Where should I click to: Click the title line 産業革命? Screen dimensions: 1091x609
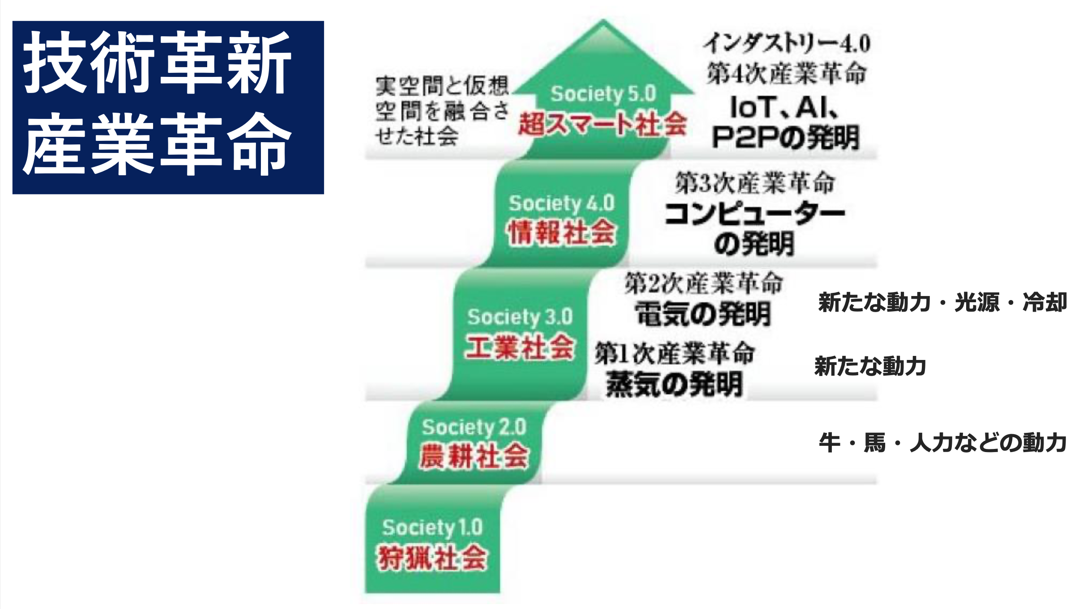pos(158,144)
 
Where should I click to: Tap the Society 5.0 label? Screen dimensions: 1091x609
pos(603,94)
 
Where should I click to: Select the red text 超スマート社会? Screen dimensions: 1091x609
pos(602,123)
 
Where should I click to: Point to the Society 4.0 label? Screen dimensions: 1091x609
pos(562,204)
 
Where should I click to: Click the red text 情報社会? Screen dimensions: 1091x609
pos(562,233)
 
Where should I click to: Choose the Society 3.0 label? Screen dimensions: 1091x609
pos(520,317)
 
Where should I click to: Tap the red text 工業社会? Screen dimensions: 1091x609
pos(520,347)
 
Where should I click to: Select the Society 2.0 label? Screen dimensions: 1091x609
pos(474,427)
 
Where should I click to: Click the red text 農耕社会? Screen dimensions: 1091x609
pos(474,456)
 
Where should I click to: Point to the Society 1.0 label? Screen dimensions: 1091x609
pos(432,528)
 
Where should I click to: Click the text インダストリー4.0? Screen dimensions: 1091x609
pos(787,43)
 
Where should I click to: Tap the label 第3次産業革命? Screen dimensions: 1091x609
pos(755,183)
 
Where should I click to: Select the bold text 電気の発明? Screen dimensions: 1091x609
pos(703,314)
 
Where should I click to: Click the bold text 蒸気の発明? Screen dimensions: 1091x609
pos(674,384)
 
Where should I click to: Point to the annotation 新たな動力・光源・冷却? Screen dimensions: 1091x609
pos(942,302)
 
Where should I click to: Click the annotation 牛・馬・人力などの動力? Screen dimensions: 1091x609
pos(942,443)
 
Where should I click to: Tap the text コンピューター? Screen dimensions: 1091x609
pos(755,214)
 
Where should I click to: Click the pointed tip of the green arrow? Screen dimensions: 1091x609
pos(603,20)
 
